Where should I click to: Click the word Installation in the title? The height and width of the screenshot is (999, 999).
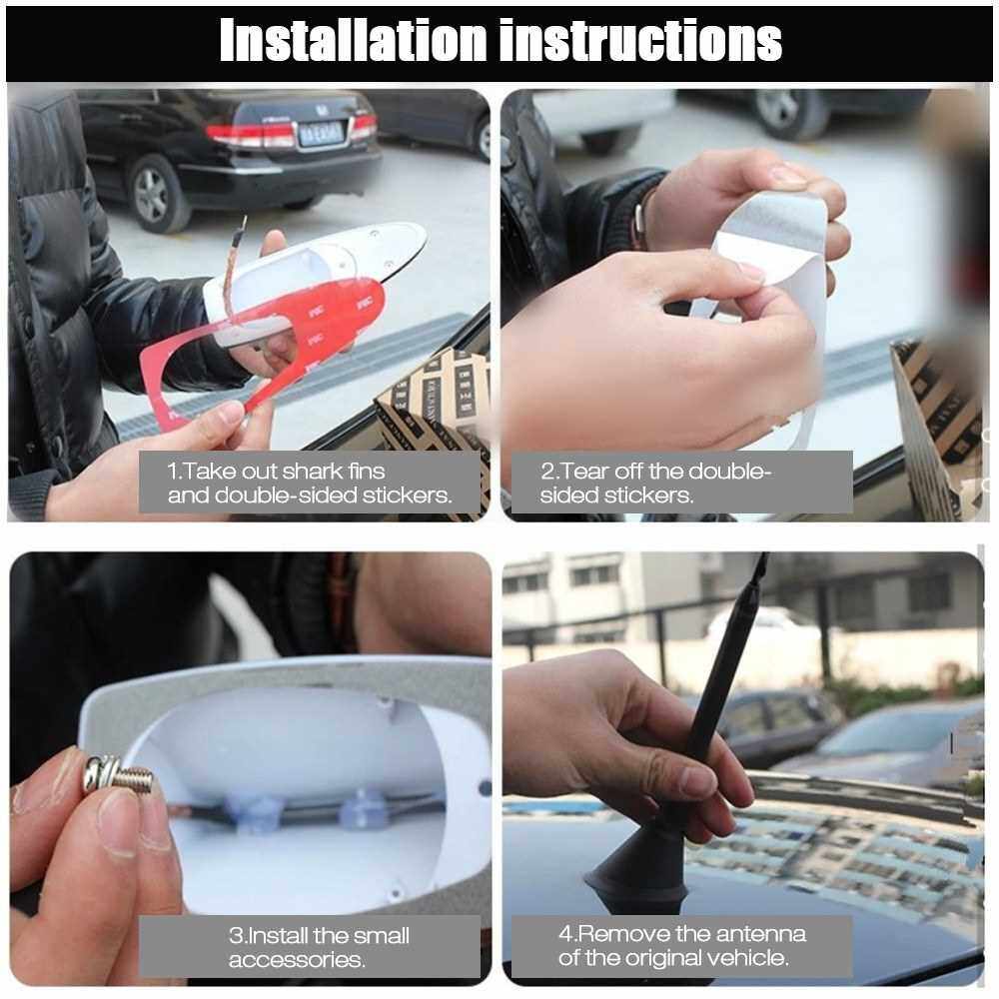pos(354,40)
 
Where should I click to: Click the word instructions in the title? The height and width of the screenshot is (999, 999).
pos(641,41)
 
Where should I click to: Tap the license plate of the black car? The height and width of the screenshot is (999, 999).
pos(321,134)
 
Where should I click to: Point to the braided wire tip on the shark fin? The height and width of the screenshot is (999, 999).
pos(243,223)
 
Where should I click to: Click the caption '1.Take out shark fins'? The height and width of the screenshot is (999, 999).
pos(276,472)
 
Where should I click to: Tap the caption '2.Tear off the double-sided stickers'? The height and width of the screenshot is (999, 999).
pos(655,483)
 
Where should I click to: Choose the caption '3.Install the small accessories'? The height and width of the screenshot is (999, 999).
pos(319,947)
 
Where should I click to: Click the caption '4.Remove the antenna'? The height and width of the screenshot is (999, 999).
pos(681,934)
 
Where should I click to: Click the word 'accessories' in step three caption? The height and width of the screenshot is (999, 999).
pos(297,960)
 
